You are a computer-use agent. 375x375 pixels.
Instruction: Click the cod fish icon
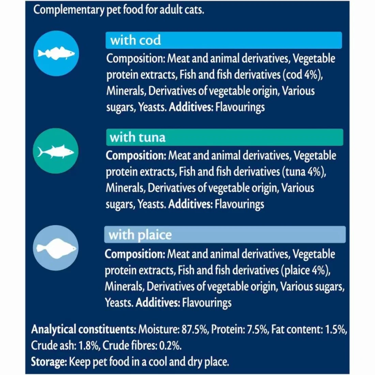pyautogui.click(x=56, y=54)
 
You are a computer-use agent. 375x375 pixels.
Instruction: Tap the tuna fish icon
pyautogui.click(x=56, y=151)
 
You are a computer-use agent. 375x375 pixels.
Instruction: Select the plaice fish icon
pyautogui.click(x=56, y=248)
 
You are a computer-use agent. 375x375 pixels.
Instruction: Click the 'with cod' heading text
pyautogui.click(x=135, y=40)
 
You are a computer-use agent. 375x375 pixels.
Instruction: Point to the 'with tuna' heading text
pyautogui.click(x=137, y=137)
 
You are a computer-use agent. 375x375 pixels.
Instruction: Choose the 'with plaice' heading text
pyautogui.click(x=140, y=235)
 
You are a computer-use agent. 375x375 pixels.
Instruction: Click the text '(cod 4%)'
pyautogui.click(x=302, y=75)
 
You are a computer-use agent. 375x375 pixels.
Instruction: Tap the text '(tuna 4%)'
pyautogui.click(x=304, y=171)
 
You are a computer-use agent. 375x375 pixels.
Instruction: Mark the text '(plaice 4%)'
pyautogui.click(x=306, y=270)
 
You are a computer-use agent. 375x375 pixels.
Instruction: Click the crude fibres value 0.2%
pyautogui.click(x=170, y=345)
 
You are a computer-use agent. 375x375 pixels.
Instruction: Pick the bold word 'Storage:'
pyautogui.click(x=49, y=361)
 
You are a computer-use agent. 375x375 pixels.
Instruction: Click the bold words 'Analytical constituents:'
pyautogui.click(x=84, y=329)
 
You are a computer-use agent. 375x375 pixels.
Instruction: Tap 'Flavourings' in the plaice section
pyautogui.click(x=207, y=302)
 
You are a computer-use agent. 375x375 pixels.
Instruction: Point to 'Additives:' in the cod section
pyautogui.click(x=191, y=107)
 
